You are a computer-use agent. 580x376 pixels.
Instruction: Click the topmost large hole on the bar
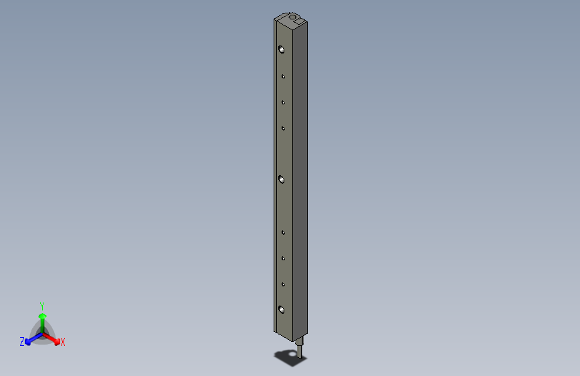click(282, 50)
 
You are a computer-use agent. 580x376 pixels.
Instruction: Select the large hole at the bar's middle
click(282, 179)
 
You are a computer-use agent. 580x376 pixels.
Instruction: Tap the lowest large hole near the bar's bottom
click(282, 309)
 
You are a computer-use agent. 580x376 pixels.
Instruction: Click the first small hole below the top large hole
click(283, 77)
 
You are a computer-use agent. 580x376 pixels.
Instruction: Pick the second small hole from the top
click(283, 102)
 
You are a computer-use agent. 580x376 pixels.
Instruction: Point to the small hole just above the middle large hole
click(283, 128)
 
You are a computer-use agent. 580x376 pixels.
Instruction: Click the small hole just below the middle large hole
click(283, 233)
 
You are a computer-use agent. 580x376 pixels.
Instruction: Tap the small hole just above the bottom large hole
click(283, 284)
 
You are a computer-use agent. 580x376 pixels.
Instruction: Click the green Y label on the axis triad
click(42, 304)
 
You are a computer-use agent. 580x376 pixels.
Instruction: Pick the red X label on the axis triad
click(63, 343)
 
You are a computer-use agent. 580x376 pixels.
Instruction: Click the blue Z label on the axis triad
click(22, 342)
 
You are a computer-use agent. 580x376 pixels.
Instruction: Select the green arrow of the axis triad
click(42, 318)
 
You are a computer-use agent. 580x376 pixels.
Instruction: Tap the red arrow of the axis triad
click(54, 339)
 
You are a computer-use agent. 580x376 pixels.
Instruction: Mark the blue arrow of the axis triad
click(31, 339)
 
